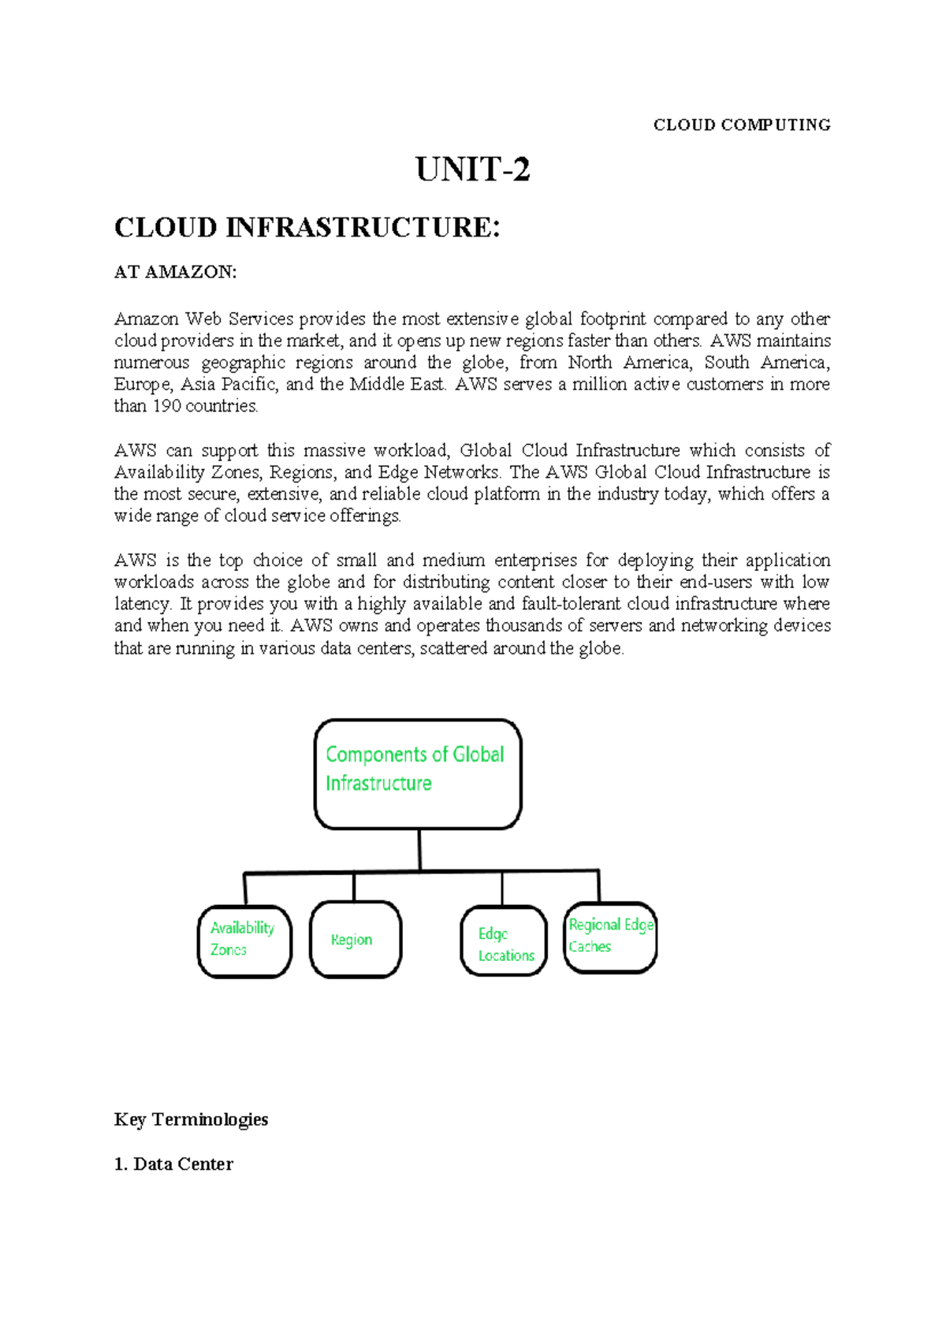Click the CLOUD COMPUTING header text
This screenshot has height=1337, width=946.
pyautogui.click(x=742, y=125)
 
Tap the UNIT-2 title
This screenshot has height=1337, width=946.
pyautogui.click(x=472, y=170)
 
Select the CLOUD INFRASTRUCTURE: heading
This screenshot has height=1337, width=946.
pyautogui.click(x=307, y=228)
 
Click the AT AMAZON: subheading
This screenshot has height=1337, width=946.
pyautogui.click(x=175, y=272)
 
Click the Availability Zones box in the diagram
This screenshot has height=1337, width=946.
pyautogui.click(x=244, y=941)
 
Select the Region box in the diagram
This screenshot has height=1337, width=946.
pyautogui.click(x=355, y=940)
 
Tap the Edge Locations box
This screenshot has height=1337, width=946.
pyautogui.click(x=504, y=941)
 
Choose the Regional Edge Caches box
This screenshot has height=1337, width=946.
pyautogui.click(x=610, y=937)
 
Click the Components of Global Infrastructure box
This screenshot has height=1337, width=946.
pyautogui.click(x=418, y=773)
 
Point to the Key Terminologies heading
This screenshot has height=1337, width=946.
pyautogui.click(x=191, y=1119)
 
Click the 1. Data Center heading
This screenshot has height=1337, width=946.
pyautogui.click(x=173, y=1164)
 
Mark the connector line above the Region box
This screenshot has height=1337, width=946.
pyautogui.click(x=354, y=887)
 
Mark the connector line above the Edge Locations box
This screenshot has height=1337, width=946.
pyautogui.click(x=502, y=888)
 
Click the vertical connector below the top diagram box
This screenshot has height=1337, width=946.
pyautogui.click(x=419, y=850)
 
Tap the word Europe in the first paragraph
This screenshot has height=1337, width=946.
pyautogui.click(x=143, y=385)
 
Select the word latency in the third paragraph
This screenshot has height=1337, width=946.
pyautogui.click(x=143, y=605)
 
